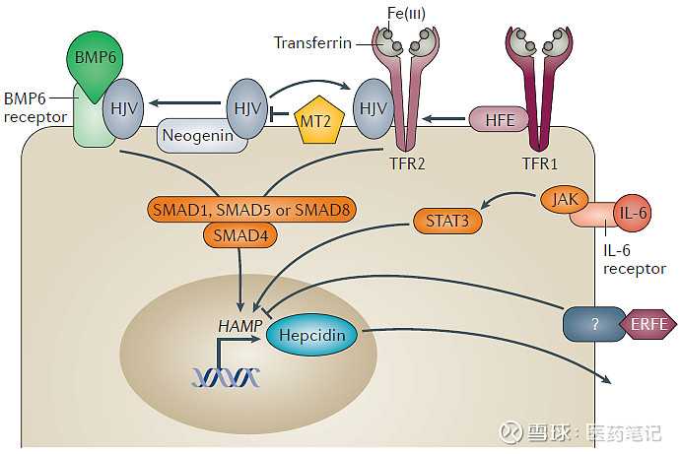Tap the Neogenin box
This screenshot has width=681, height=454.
[201, 136]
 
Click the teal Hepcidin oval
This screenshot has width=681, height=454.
[312, 336]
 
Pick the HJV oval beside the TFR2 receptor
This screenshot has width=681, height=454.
[373, 108]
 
